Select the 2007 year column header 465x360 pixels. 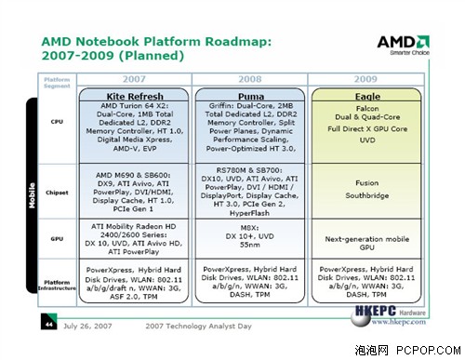coord(137,79)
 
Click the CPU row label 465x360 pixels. coord(56,121)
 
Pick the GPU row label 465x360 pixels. coord(56,239)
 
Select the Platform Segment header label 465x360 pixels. coord(57,84)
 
